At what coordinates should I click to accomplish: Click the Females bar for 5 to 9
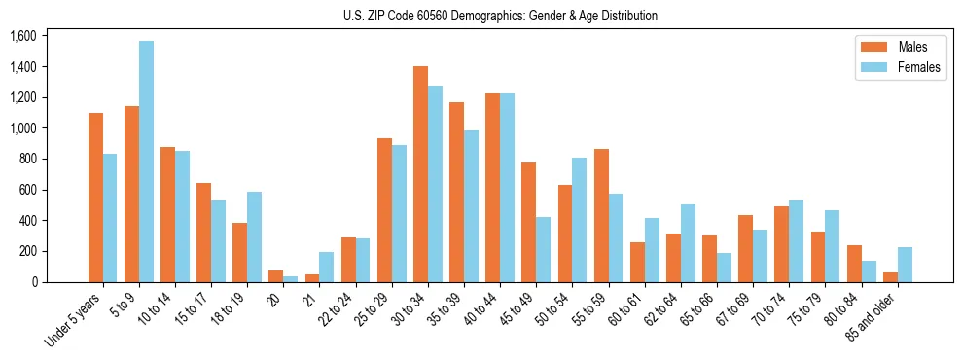pyautogui.click(x=146, y=162)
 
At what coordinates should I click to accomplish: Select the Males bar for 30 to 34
pyautogui.click(x=420, y=174)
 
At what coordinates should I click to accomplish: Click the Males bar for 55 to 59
pyautogui.click(x=601, y=215)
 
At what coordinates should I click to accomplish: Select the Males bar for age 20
pyautogui.click(x=276, y=276)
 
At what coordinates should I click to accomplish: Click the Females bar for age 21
pyautogui.click(x=327, y=267)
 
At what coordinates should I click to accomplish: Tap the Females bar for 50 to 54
pyautogui.click(x=580, y=220)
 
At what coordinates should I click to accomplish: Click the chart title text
pyautogui.click(x=500, y=16)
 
